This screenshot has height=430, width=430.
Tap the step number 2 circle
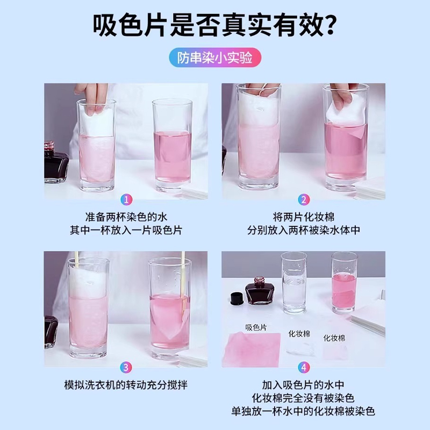pyautogui.click(x=304, y=200)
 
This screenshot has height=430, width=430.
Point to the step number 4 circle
pyautogui.click(x=304, y=368)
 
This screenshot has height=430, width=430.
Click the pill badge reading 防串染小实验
pyautogui.click(x=214, y=58)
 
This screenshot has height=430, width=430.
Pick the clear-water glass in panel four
pyautogui.click(x=294, y=290)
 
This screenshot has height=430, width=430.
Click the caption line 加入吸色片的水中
pyautogui.click(x=304, y=385)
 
